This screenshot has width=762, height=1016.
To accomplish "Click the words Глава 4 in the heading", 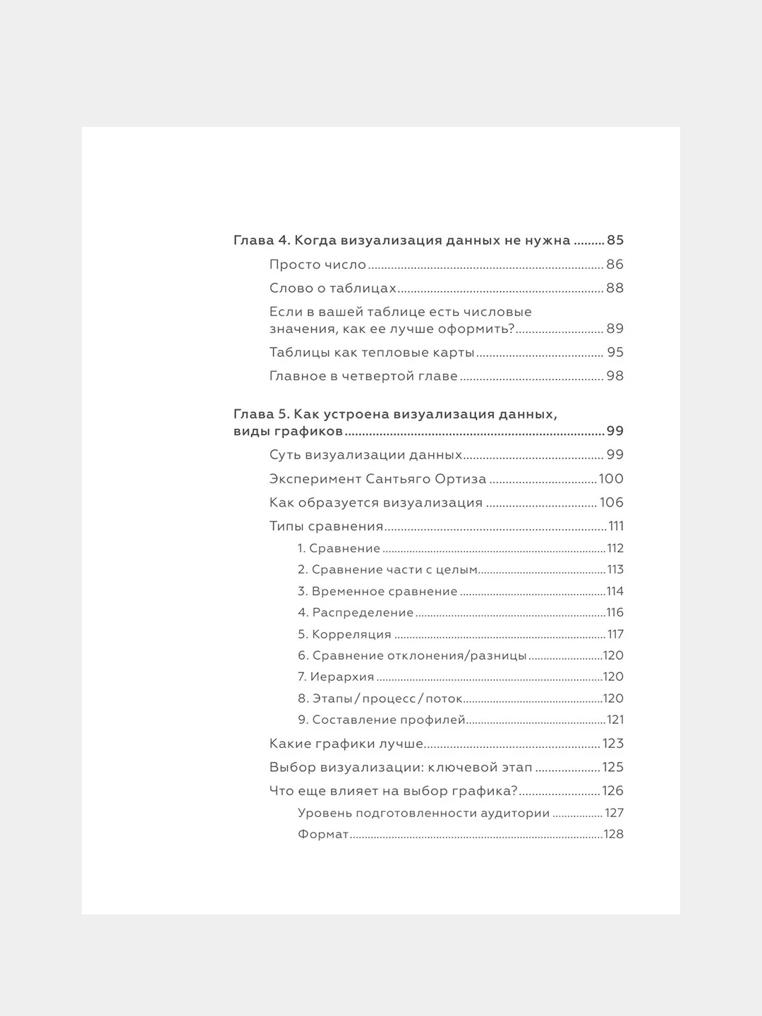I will pyautogui.click(x=261, y=241).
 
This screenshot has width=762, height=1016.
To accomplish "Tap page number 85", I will pyautogui.click(x=615, y=241).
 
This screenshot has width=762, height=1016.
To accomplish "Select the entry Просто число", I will pyautogui.click(x=317, y=265).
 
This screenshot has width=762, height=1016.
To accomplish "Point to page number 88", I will pyautogui.click(x=615, y=289).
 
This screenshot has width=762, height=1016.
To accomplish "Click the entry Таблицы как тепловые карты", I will pyautogui.click(x=372, y=353).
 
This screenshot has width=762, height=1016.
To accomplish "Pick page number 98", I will pyautogui.click(x=615, y=376).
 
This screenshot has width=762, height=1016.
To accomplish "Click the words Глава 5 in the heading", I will pyautogui.click(x=260, y=414).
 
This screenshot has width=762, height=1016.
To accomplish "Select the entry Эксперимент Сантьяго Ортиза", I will pyautogui.click(x=377, y=479).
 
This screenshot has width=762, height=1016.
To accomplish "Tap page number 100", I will pyautogui.click(x=611, y=479).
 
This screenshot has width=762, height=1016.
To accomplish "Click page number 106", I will pyautogui.click(x=612, y=503).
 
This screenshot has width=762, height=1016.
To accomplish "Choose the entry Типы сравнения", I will pyautogui.click(x=326, y=526).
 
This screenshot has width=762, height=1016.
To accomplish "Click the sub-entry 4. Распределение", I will pyautogui.click(x=356, y=612).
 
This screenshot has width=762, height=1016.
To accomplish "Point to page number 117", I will pyautogui.click(x=615, y=634).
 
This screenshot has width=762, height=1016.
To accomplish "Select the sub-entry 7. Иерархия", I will pyautogui.click(x=336, y=677).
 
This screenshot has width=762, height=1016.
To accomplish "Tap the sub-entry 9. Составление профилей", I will pyautogui.click(x=381, y=720).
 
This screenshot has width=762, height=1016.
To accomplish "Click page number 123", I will pyautogui.click(x=612, y=744).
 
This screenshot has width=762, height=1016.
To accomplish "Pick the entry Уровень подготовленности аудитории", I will pyautogui.click(x=423, y=813).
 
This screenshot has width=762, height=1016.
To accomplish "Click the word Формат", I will pyautogui.click(x=323, y=834).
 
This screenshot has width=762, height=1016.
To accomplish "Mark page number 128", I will pyautogui.click(x=614, y=834).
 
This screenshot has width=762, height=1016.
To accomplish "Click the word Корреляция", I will pyautogui.click(x=351, y=634).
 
